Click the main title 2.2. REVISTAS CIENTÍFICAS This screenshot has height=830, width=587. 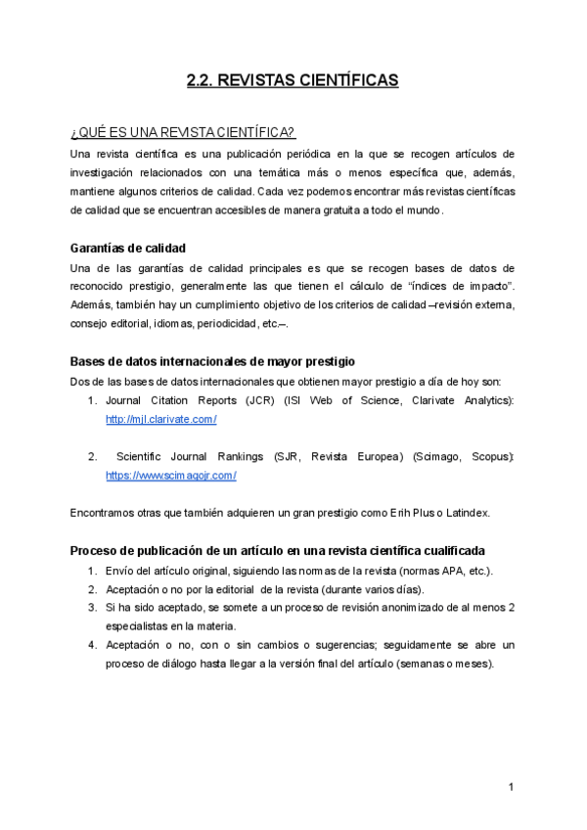pos(293,81)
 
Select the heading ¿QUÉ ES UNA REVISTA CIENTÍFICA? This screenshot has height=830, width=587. pos(183,133)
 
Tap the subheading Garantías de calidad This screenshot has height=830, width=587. pos(128,248)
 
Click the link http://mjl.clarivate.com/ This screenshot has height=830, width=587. pos(160,419)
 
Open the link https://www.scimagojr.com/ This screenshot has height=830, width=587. pos(171,475)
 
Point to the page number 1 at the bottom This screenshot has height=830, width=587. pos(511,787)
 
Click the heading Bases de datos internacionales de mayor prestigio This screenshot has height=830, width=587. pos(212,361)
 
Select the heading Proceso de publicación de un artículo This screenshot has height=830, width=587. pos(278,550)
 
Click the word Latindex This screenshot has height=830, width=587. pos(468,512)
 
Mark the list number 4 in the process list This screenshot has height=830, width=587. pos(91,645)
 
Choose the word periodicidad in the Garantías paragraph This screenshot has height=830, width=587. pos(224,323)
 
